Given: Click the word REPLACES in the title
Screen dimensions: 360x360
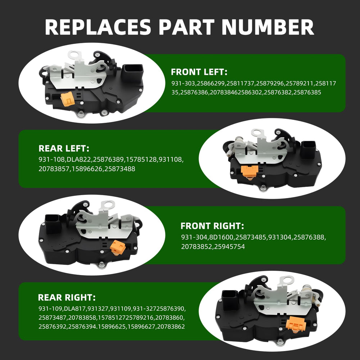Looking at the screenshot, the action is point(98,27).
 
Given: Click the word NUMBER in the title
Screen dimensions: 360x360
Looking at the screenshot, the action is point(268,27).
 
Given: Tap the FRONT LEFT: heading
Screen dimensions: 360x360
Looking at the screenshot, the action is point(199,72).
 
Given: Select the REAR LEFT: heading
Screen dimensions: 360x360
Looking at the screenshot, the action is point(64,148).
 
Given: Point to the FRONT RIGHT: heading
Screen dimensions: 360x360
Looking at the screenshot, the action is point(212,226).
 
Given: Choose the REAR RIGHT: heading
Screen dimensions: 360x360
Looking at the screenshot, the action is point(67,298).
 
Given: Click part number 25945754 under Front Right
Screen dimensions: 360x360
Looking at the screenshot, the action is point(229,247).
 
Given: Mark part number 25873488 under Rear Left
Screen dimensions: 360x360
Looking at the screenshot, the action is point(120,169).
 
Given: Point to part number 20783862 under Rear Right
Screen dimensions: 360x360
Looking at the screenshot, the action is point(171,327).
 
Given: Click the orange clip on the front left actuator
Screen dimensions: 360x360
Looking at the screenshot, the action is point(68,99).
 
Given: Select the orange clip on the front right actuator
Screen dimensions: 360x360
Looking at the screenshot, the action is point(118,248).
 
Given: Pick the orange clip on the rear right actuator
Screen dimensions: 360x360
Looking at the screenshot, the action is point(297,324).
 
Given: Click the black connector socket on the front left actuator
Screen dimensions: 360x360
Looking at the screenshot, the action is point(133,73).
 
